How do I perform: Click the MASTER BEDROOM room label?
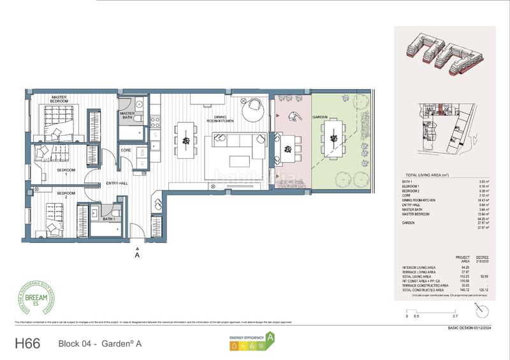pyautogui.click(x=60, y=99)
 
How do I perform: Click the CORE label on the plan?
pyautogui.click(x=126, y=150)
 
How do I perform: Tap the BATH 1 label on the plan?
pyautogui.click(x=109, y=219)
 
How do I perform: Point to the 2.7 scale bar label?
pyautogui.click(x=454, y=315)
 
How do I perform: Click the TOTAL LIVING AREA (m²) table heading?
pyautogui.click(x=432, y=175)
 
